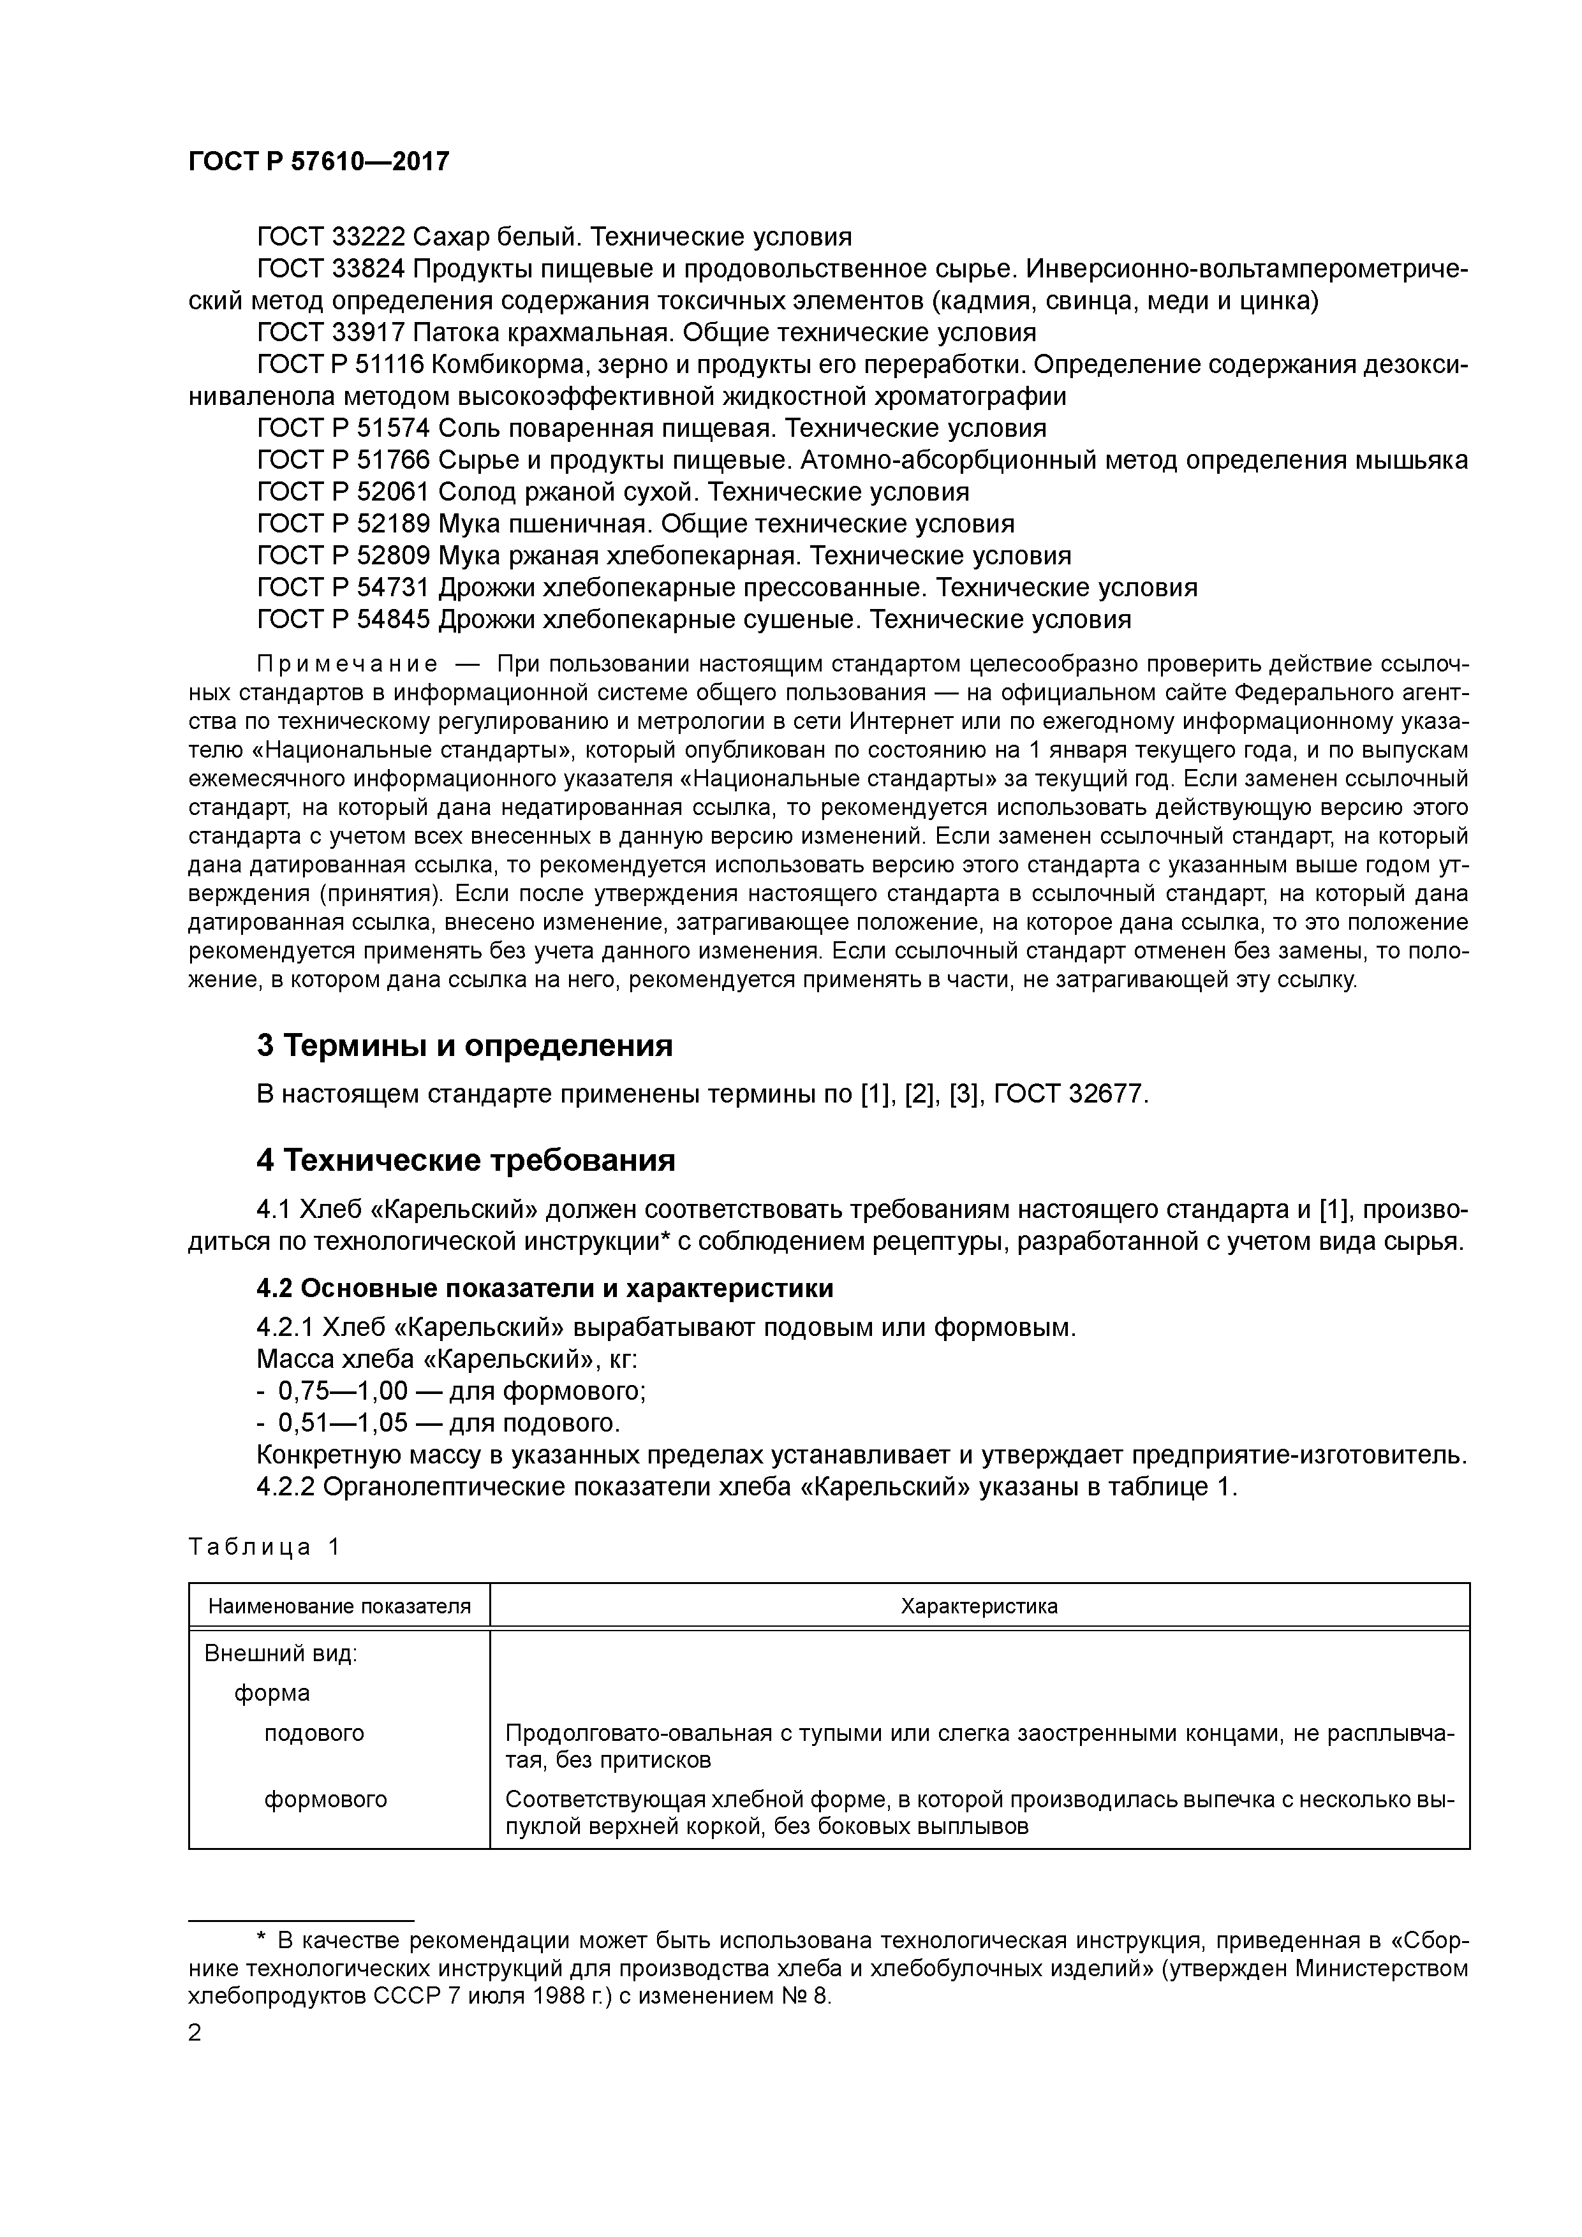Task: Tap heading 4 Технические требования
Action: [466, 1161]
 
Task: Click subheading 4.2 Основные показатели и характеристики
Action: [545, 1289]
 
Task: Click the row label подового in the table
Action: [314, 1733]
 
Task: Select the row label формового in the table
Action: [325, 1800]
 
